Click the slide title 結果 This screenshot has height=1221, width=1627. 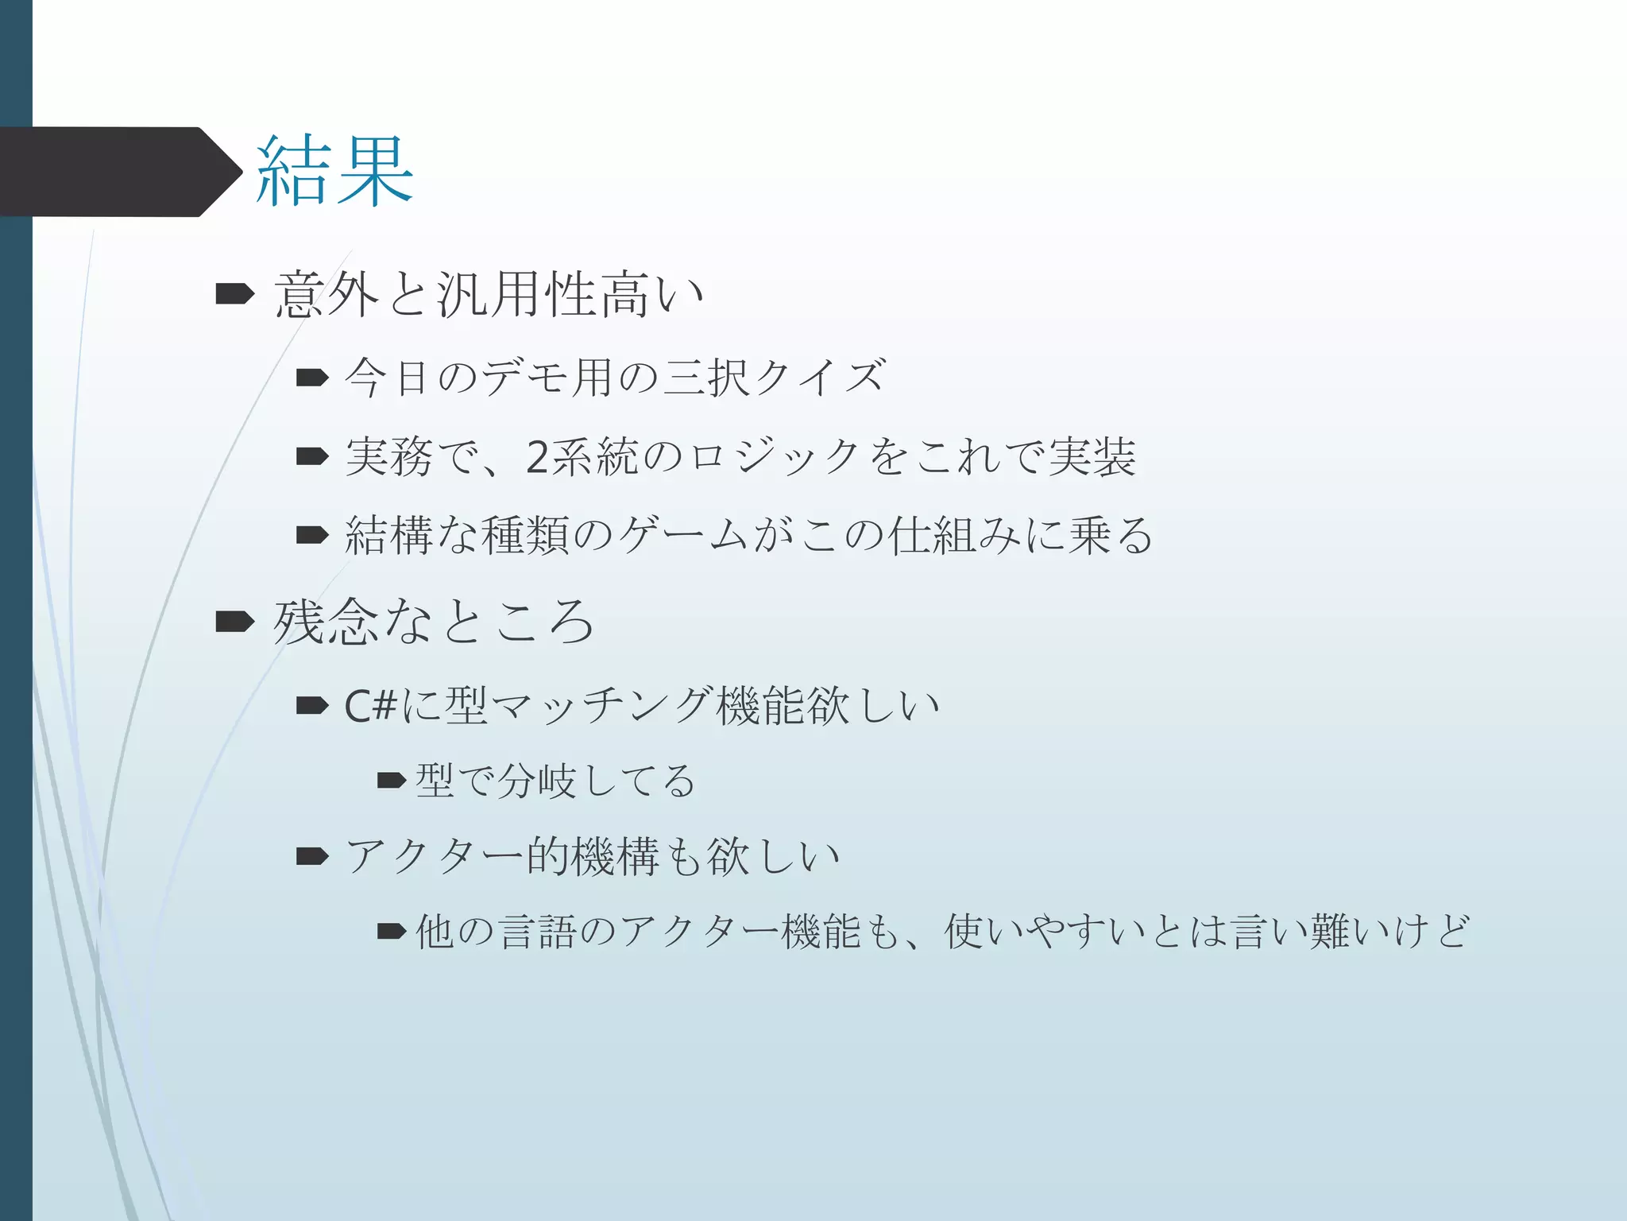[x=334, y=172]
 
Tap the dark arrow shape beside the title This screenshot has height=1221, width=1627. [x=119, y=172]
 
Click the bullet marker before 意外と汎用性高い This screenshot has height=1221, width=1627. [x=234, y=295]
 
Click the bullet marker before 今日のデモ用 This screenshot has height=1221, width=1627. [x=312, y=378]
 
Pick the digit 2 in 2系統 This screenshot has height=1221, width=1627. [x=536, y=457]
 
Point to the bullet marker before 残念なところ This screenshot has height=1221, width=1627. [x=234, y=622]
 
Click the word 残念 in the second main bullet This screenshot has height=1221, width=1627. [x=326, y=622]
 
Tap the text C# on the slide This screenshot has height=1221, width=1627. [x=370, y=705]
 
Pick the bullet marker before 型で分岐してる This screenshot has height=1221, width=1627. [x=392, y=781]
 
